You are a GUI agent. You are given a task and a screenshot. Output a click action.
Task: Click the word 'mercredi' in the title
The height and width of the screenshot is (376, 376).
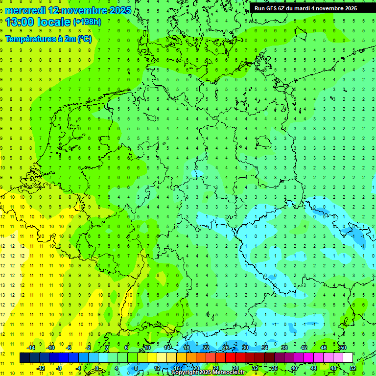pyautogui.click(x=25, y=10)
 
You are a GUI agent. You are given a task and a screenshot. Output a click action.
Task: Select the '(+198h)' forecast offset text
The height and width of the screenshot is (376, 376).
pyautogui.click(x=87, y=22)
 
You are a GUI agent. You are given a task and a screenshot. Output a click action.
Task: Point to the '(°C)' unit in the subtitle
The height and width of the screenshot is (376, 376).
pyautogui.click(x=84, y=39)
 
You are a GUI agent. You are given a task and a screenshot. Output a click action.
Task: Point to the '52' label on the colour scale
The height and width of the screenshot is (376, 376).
pyautogui.click(x=352, y=368)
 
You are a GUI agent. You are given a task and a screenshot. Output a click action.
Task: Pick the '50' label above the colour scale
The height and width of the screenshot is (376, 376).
pyautogui.click(x=343, y=348)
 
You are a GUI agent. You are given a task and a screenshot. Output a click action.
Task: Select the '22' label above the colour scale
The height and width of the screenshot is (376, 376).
pyautogui.click(x=206, y=348)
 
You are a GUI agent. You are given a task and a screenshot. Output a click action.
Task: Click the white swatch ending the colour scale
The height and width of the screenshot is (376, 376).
pyautogui.click(x=348, y=358)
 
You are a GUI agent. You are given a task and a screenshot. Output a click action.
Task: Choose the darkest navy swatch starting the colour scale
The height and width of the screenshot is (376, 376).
pyautogui.click(x=24, y=358)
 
